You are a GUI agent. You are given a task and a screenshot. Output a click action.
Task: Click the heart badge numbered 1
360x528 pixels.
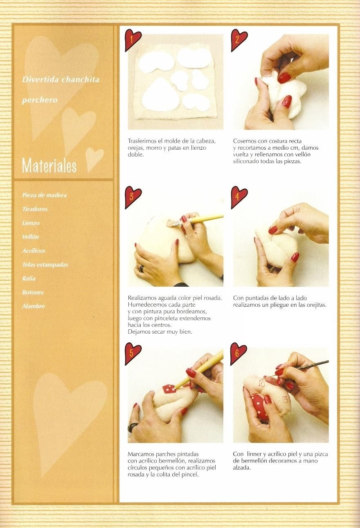[133, 40]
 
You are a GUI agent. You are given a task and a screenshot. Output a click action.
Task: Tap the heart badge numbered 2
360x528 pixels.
[239, 40]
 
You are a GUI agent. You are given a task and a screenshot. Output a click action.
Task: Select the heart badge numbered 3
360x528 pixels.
[133, 197]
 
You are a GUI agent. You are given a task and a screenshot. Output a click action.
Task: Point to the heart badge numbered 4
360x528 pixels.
[239, 197]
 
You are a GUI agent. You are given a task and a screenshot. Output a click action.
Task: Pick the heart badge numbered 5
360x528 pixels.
[133, 353]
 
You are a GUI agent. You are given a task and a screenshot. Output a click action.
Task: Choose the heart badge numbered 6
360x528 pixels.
[238, 353]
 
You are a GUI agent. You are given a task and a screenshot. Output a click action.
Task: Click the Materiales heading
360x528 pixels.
[49, 166]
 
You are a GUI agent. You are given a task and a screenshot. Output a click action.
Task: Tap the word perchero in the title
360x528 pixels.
[40, 100]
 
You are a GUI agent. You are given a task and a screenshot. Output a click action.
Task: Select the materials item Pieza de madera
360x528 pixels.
[44, 195]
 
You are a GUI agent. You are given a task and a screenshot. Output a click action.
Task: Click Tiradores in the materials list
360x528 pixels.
[35, 209]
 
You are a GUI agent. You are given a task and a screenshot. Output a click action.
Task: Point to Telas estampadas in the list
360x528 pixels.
[45, 265]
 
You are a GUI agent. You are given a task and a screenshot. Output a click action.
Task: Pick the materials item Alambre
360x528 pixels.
[33, 306]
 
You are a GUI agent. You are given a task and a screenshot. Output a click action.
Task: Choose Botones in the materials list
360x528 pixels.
[33, 292]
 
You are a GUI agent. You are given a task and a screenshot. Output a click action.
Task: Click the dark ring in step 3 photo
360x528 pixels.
[141, 268]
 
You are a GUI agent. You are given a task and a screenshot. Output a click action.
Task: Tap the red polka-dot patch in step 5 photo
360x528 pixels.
[170, 389]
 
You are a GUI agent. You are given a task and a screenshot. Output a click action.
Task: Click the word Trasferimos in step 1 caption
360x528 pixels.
[142, 141]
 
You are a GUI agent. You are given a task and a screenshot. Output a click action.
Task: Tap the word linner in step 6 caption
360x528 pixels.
[254, 454]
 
